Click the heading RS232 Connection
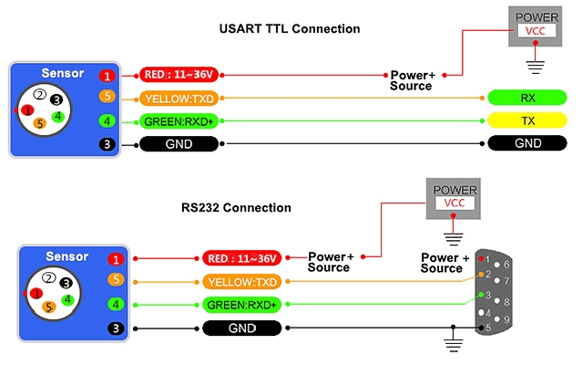pos(237,207)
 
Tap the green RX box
pos(527,98)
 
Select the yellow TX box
pos(527,120)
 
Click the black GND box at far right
pos(527,143)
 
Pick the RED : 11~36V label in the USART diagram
pos(179,75)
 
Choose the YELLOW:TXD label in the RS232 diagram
pos(241,282)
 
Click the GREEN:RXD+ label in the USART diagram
pos(179,120)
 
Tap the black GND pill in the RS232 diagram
pos(241,328)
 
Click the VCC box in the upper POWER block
pos(537,30)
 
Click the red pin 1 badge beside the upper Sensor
pos(108,76)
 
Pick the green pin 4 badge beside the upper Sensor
pos(108,120)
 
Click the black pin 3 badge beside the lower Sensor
pos(116,328)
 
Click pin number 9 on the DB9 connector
pos(506,319)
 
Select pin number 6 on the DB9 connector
pos(506,264)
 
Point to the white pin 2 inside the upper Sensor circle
pos(39,94)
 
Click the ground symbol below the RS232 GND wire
pos(448,345)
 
